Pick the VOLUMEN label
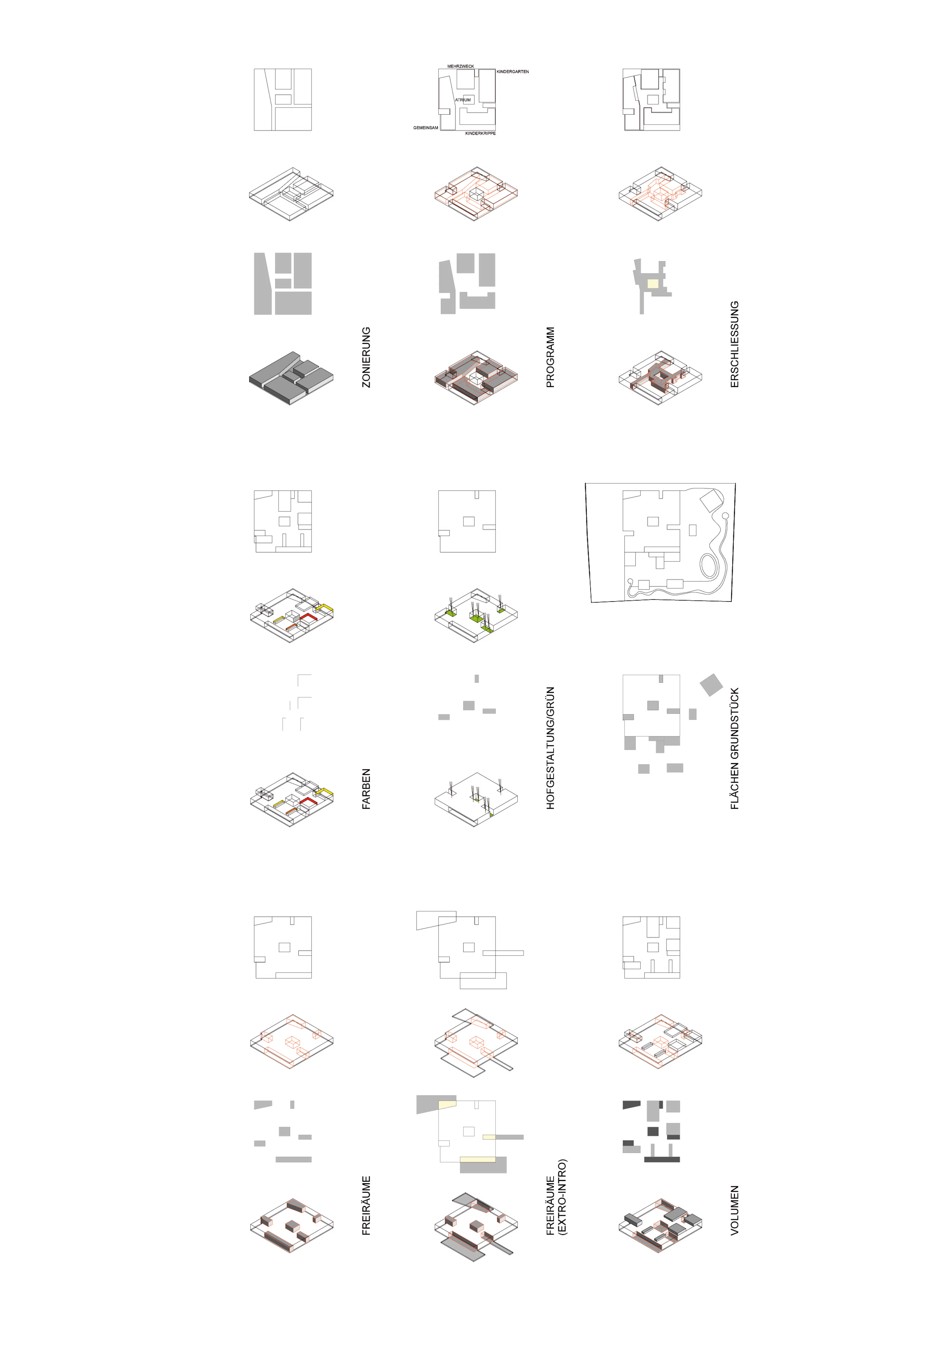(x=735, y=1210)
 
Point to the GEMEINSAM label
(x=426, y=128)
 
